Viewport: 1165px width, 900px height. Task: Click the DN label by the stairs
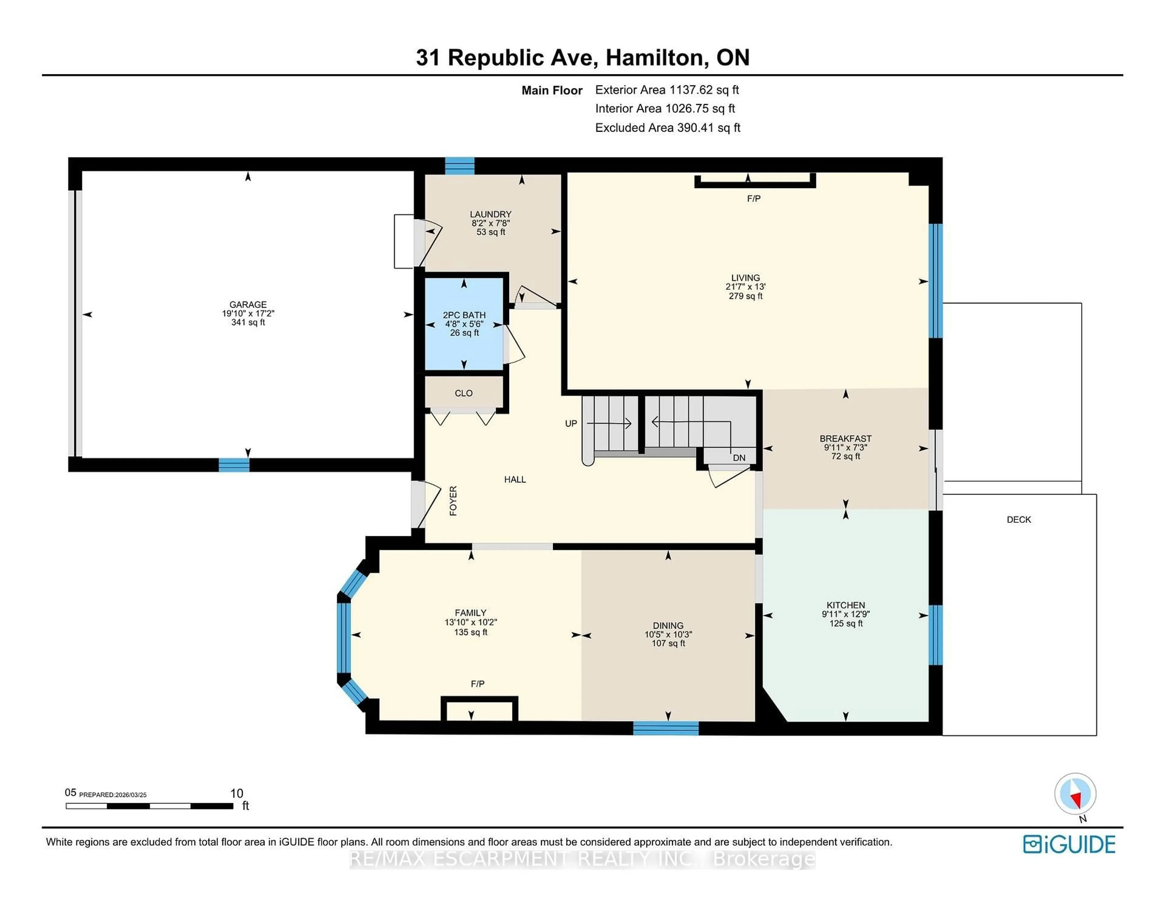pyautogui.click(x=739, y=458)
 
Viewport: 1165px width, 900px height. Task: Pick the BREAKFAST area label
pyautogui.click(x=845, y=438)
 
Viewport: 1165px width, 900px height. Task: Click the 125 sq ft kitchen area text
pyautogui.click(x=846, y=624)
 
